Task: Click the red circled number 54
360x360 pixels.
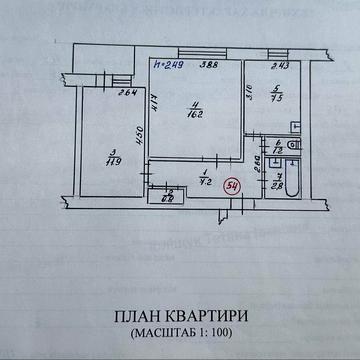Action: [232, 186]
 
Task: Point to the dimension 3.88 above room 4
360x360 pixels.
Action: [211, 67]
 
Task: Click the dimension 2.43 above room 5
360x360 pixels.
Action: [282, 67]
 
